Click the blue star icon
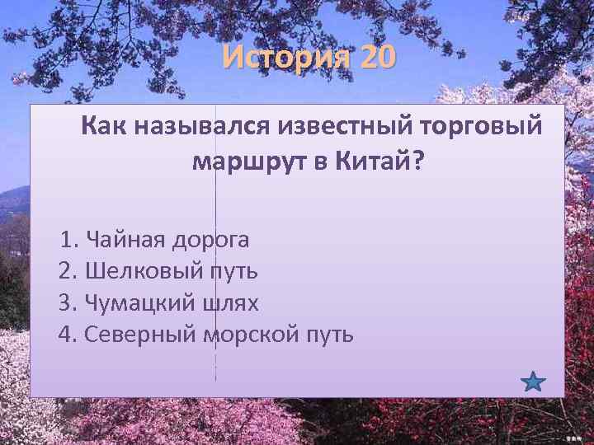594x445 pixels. pyautogui.click(x=534, y=382)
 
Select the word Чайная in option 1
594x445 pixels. pyautogui.click(x=124, y=240)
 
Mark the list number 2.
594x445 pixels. pyautogui.click(x=66, y=271)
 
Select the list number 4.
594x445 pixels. pyautogui.click(x=66, y=334)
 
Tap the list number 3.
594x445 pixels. pyautogui.click(x=66, y=302)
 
